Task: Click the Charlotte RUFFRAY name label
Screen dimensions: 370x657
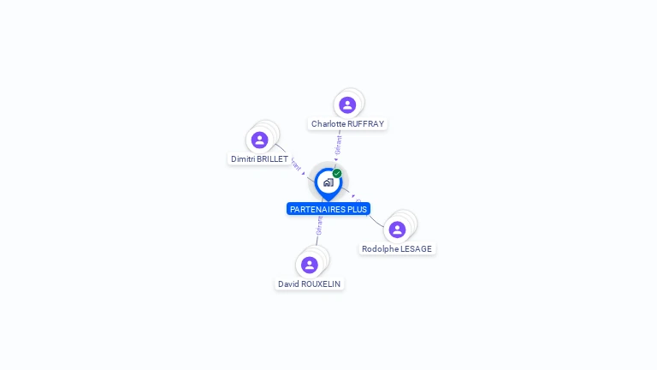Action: (347, 124)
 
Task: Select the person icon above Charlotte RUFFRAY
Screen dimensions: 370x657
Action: (347, 104)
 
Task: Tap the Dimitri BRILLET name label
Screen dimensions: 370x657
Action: (259, 159)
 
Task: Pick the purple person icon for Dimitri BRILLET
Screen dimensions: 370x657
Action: (259, 140)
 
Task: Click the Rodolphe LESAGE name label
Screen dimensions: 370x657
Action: (397, 249)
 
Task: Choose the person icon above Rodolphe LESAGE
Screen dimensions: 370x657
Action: (397, 230)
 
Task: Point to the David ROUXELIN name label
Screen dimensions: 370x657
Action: (309, 283)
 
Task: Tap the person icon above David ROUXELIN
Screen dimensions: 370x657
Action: (309, 265)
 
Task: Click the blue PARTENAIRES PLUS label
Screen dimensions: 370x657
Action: (328, 209)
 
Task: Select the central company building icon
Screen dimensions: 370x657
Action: (328, 182)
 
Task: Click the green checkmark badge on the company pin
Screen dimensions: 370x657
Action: (337, 173)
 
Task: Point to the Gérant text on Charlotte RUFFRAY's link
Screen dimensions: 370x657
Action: (339, 145)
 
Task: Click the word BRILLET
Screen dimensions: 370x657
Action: (272, 159)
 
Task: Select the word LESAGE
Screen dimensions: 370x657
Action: (417, 249)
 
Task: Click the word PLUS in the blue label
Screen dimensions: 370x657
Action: (358, 209)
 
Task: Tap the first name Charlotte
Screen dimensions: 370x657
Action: (328, 124)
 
